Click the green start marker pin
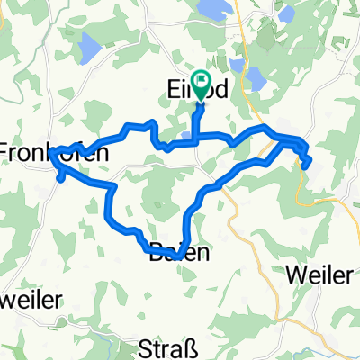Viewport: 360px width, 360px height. pyautogui.click(x=199, y=85)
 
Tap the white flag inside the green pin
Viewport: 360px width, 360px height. pyautogui.click(x=199, y=83)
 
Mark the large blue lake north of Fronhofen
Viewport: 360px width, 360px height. pyautogui.click(x=92, y=44)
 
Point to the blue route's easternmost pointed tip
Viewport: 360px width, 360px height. pyautogui.click(x=310, y=162)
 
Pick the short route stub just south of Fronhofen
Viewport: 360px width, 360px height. pyautogui.click(x=59, y=175)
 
